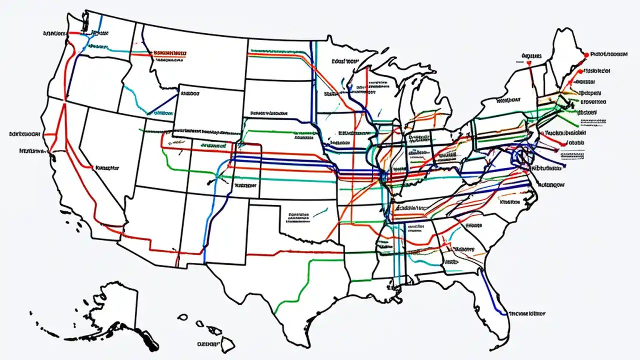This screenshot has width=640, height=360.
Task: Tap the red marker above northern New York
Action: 528,63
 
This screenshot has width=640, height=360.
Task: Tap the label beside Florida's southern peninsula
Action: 526,314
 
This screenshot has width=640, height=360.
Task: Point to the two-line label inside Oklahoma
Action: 298,216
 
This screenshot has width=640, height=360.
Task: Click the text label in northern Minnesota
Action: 345,61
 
